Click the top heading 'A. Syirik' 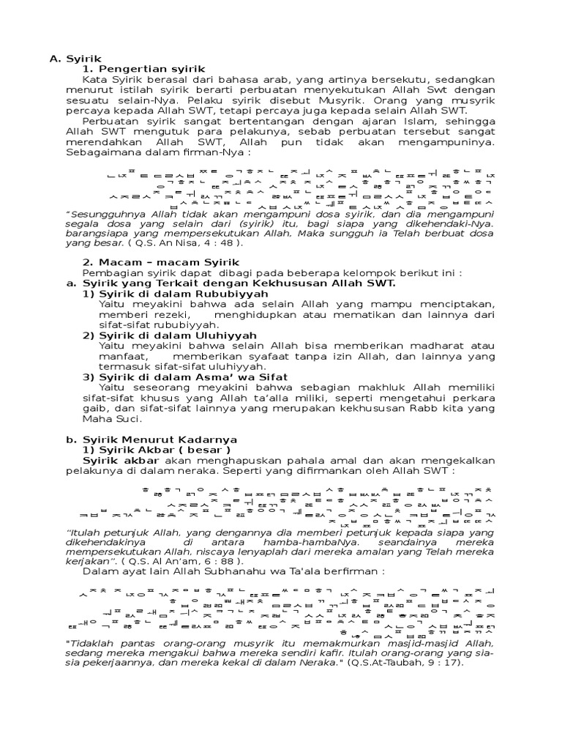(75, 58)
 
